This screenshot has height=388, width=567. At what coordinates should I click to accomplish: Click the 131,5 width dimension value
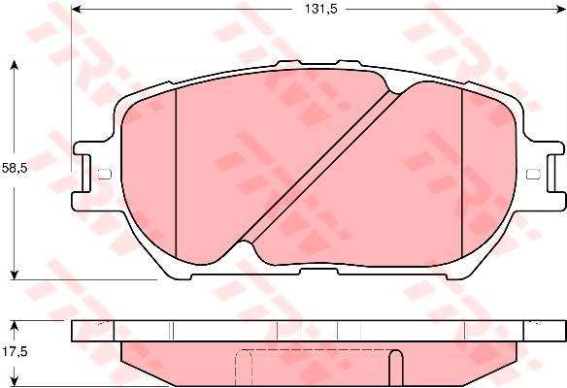click(320, 9)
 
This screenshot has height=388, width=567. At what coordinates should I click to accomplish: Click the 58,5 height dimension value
click(15, 168)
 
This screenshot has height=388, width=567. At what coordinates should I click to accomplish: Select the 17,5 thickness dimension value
click(15, 351)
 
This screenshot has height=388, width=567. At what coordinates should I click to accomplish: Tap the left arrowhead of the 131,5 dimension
click(75, 9)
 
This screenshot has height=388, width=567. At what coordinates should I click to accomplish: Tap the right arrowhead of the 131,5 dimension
click(561, 9)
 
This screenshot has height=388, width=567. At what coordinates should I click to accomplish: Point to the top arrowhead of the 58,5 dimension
click(15, 65)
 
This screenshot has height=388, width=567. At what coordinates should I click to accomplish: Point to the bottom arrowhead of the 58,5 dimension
click(15, 275)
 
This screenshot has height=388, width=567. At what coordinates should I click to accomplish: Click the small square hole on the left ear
click(105, 175)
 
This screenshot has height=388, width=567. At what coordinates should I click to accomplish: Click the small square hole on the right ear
click(533, 175)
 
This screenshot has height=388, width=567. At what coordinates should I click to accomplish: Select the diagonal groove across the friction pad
click(320, 168)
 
